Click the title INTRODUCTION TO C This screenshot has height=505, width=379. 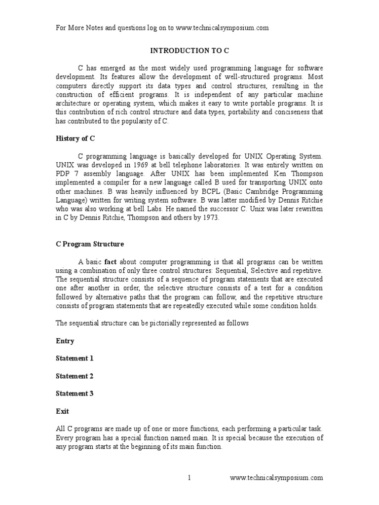[x=189, y=50]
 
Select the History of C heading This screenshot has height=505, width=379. [x=75, y=139]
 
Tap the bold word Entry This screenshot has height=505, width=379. [x=65, y=341]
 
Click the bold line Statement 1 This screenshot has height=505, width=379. [x=75, y=359]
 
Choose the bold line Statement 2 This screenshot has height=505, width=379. [x=75, y=376]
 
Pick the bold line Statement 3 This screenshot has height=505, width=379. [x=75, y=394]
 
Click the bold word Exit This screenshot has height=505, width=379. [x=62, y=411]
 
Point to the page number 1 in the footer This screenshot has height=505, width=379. [x=189, y=477]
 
